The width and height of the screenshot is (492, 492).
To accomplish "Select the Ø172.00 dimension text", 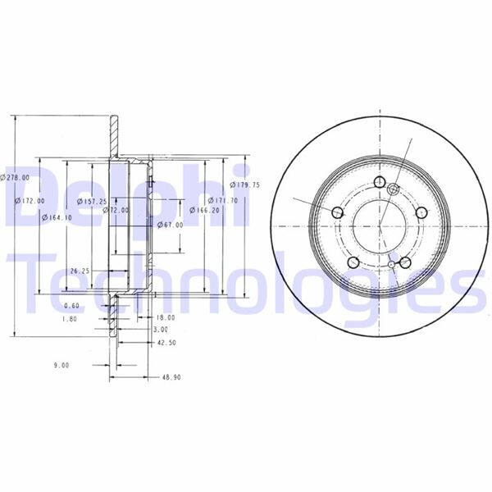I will click(30, 201).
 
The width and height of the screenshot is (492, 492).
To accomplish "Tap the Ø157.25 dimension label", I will click(92, 201).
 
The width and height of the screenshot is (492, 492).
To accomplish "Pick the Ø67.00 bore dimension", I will click(169, 225).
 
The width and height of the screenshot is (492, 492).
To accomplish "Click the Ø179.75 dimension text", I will click(244, 185).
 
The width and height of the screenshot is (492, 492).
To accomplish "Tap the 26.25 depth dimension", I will click(80, 270).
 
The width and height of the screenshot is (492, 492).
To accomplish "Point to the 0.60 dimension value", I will click(71, 306).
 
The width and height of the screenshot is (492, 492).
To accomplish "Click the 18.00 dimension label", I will click(166, 317).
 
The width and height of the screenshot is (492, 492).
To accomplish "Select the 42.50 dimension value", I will click(166, 343).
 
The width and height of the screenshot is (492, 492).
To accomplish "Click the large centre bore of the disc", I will click(379, 221).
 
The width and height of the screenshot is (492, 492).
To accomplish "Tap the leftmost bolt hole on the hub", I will click(337, 212).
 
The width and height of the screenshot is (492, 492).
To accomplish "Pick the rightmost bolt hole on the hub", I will click(420, 212).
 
